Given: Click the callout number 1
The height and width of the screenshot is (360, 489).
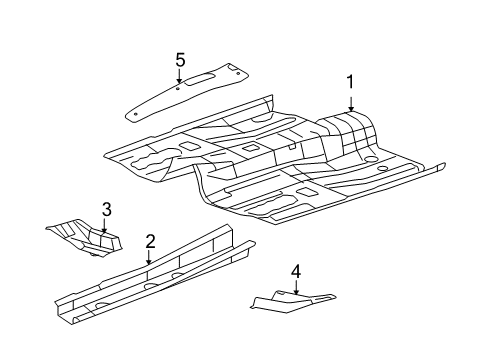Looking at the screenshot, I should coord(351,82).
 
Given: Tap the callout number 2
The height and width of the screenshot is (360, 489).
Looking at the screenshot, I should coord(149,241).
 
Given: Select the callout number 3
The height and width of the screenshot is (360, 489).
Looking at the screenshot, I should coord(106,209).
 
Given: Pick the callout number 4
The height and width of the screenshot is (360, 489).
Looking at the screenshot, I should coord(296,271).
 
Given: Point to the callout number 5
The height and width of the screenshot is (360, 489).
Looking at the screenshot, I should coord(180,60).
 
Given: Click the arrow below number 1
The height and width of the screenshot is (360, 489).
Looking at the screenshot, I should coord(351,104).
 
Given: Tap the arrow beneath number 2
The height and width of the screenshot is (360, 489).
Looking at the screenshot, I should coord(149,261).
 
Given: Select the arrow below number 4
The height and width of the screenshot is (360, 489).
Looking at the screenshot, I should coord(296,291).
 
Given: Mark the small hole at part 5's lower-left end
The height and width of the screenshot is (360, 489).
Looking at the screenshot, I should coord(133,112).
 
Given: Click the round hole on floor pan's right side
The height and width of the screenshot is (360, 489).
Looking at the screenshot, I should coord(372,159).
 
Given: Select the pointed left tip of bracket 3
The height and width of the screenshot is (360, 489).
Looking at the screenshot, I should coord(49,230).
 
